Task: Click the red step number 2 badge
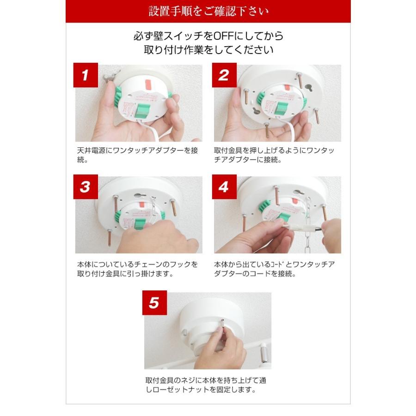[x=224, y=76]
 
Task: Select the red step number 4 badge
[x=224, y=187]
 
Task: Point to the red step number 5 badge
[x=154, y=304]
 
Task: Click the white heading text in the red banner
[x=208, y=11]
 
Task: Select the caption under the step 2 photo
[x=275, y=156]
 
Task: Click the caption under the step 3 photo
[x=137, y=269]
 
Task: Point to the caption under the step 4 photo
[x=275, y=269]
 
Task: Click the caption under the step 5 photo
[x=205, y=385]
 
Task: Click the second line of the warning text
[x=208, y=50]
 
